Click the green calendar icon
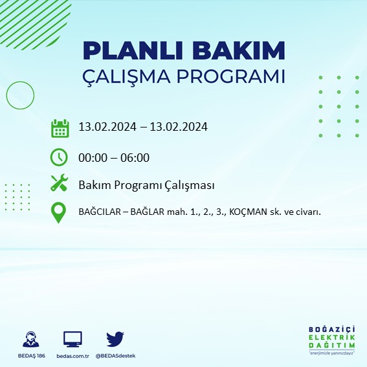point(60,128)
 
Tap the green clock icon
point(59,157)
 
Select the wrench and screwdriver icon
point(60,183)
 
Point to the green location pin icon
point(59,212)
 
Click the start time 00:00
point(92,157)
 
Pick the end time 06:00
point(135,157)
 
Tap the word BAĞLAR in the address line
point(151,212)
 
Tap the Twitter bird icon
point(115,339)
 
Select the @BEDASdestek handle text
point(115,356)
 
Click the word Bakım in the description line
point(93,185)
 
